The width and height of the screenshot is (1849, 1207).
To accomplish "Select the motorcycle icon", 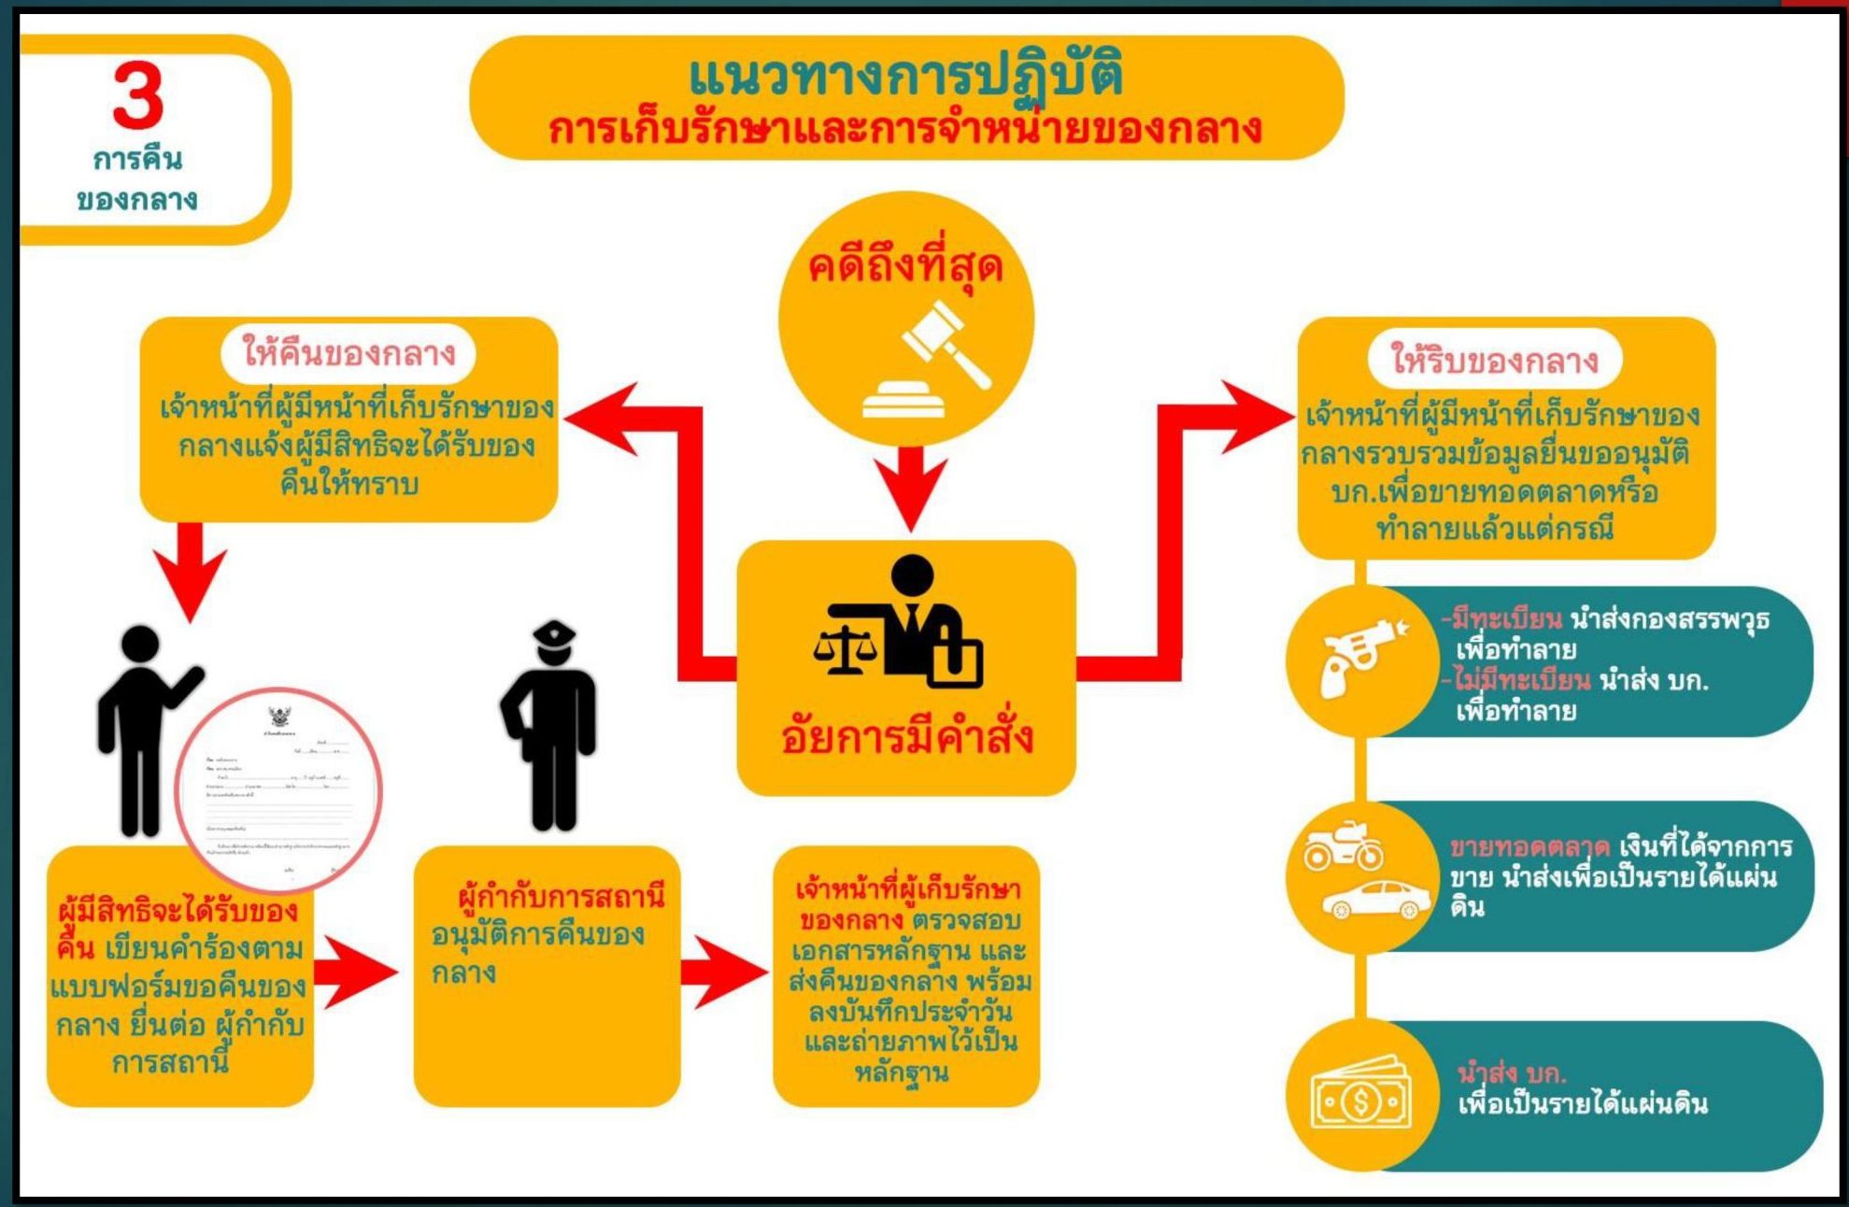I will [1344, 845].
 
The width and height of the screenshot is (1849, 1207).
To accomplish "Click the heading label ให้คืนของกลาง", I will [348, 353].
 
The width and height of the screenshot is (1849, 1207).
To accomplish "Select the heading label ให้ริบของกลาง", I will [1494, 360].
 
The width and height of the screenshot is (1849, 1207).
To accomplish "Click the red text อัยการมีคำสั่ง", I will [906, 736].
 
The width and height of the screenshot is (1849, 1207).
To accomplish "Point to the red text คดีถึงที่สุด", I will [904, 267].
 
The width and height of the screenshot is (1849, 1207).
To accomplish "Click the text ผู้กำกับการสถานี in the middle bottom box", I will [561, 897].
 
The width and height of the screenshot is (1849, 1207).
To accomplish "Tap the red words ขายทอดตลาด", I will [1529, 847].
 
